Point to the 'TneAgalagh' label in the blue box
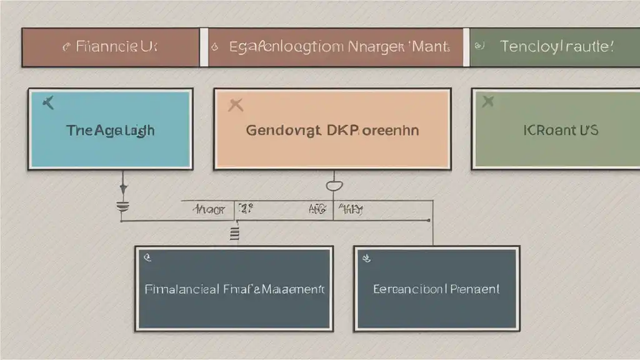[x=110, y=131]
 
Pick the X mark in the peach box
[x=235, y=105]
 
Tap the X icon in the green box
[x=488, y=101]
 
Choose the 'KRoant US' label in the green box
[x=561, y=131]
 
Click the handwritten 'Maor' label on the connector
[x=211, y=211]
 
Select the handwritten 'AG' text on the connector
[x=318, y=211]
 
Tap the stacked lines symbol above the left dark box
[x=236, y=234]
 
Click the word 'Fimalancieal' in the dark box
[x=181, y=290]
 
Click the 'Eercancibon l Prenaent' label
[x=436, y=289]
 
